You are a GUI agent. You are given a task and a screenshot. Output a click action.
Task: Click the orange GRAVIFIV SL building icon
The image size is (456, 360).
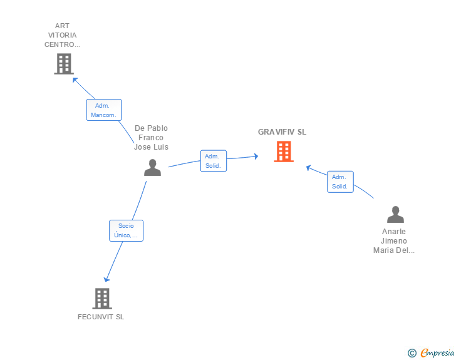(284, 152)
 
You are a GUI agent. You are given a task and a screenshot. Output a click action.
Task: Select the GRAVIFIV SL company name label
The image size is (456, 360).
(282, 132)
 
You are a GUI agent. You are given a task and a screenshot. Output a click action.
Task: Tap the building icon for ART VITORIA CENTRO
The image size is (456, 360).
(64, 64)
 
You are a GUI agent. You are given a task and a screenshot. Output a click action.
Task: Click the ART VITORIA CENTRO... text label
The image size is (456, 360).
(62, 35)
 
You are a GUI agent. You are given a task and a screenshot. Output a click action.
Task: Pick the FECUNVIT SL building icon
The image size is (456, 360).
(102, 299)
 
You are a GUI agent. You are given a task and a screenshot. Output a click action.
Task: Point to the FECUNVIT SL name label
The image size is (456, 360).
(101, 317)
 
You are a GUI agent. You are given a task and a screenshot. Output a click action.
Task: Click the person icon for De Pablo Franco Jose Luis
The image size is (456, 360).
(152, 168)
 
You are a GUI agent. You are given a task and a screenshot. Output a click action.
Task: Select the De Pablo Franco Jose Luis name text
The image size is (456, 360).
(151, 138)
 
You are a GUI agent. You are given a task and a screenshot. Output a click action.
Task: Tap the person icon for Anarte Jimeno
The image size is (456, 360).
(395, 214)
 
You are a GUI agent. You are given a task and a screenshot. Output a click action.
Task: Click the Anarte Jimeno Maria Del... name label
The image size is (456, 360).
(394, 241)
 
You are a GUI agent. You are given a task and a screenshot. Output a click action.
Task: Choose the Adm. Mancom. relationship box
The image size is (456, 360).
(104, 110)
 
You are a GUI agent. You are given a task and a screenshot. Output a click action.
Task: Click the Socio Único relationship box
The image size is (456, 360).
(127, 230)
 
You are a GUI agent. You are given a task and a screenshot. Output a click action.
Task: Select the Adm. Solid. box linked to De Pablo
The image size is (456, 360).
(214, 161)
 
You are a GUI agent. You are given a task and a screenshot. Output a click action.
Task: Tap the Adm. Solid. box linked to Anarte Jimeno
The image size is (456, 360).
(340, 182)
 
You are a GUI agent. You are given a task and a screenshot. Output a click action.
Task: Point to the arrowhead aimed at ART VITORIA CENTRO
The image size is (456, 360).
(75, 80)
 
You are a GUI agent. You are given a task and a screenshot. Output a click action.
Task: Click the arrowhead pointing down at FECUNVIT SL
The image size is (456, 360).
(106, 279)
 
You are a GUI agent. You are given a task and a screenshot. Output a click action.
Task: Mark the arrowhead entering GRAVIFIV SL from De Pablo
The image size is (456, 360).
(256, 157)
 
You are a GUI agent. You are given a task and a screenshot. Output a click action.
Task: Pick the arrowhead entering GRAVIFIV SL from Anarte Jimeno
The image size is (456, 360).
(309, 168)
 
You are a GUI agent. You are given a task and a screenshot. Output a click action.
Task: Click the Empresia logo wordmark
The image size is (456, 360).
(437, 352)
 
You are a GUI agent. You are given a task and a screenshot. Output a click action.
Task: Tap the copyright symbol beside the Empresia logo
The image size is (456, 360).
(412, 353)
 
